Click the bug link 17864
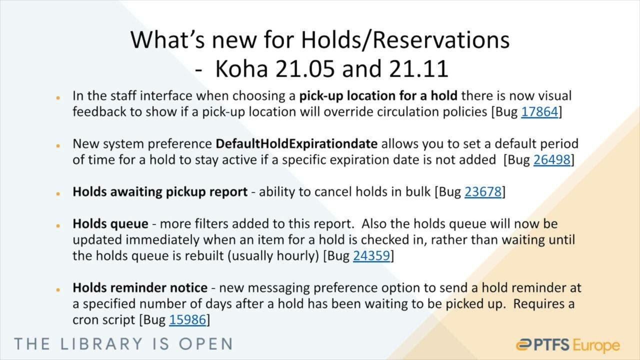[539, 111]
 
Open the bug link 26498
[551, 160]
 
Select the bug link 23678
[482, 192]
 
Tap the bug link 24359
[371, 256]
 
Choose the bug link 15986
[187, 320]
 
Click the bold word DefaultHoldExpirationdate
[296, 144]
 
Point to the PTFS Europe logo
[567, 345]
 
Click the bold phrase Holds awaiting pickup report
[160, 192]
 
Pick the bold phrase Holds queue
[110, 224]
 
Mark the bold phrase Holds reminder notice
[140, 288]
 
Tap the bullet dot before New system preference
[58, 145]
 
